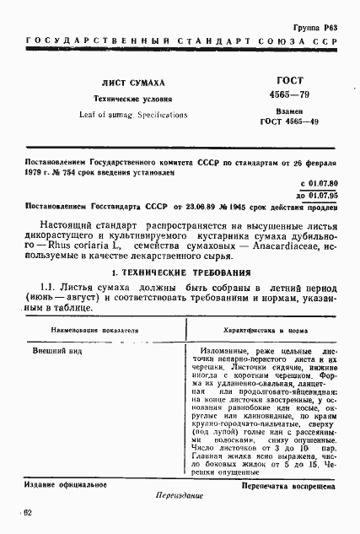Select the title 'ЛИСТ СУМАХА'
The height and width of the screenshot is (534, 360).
133,82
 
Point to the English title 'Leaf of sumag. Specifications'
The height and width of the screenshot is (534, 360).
133,113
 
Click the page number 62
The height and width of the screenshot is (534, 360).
28,513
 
